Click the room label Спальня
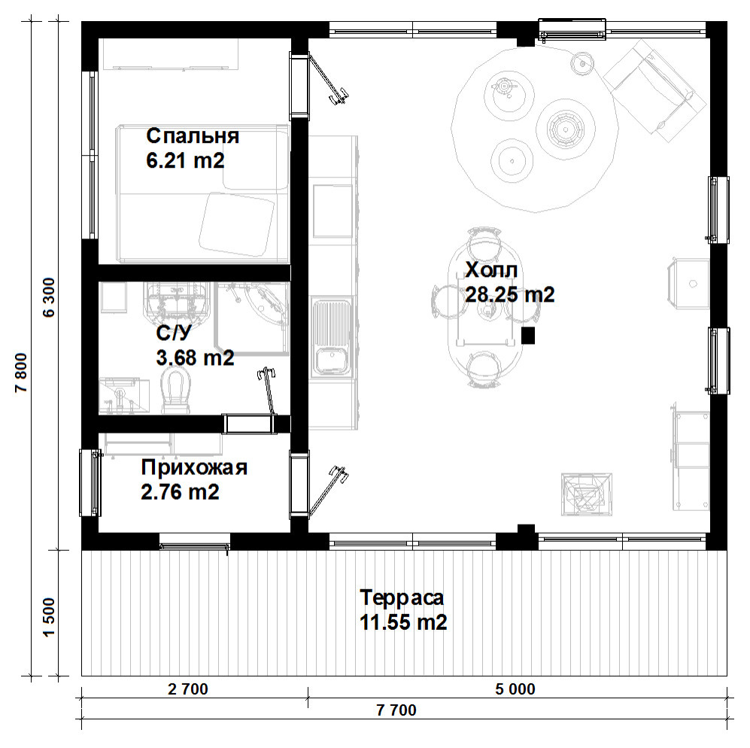pyautogui.click(x=193, y=136)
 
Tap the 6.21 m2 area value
pyautogui.click(x=185, y=160)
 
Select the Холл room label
pyautogui.click(x=491, y=270)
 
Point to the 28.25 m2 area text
pyautogui.click(x=510, y=294)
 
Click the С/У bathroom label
pyautogui.click(x=174, y=333)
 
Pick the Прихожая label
pyautogui.click(x=194, y=467)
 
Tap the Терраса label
pyautogui.click(x=402, y=597)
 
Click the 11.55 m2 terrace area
pyautogui.click(x=403, y=622)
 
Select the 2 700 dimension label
pyautogui.click(x=188, y=689)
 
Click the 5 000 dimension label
pyautogui.click(x=515, y=689)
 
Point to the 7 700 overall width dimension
pyautogui.click(x=396, y=710)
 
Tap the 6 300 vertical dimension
pyautogui.click(x=50, y=297)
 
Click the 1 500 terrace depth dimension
pyautogui.click(x=50, y=617)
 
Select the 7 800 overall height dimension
pyautogui.click(x=22, y=372)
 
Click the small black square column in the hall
pyautogui.click(x=527, y=336)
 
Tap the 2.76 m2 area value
pyautogui.click(x=181, y=492)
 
